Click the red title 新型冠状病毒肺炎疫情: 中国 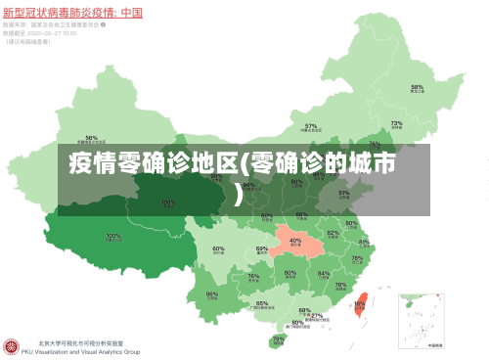tap(73, 13)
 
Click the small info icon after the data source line tap(104, 25)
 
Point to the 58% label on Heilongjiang tap(417, 87)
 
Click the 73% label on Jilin tap(396, 123)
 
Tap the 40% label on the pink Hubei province tap(294, 240)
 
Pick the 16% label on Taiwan tap(359, 303)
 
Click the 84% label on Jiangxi tap(323, 274)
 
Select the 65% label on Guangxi tap(262, 303)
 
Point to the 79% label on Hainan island tap(278, 338)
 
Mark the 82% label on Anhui tap(333, 233)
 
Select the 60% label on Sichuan tap(219, 248)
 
